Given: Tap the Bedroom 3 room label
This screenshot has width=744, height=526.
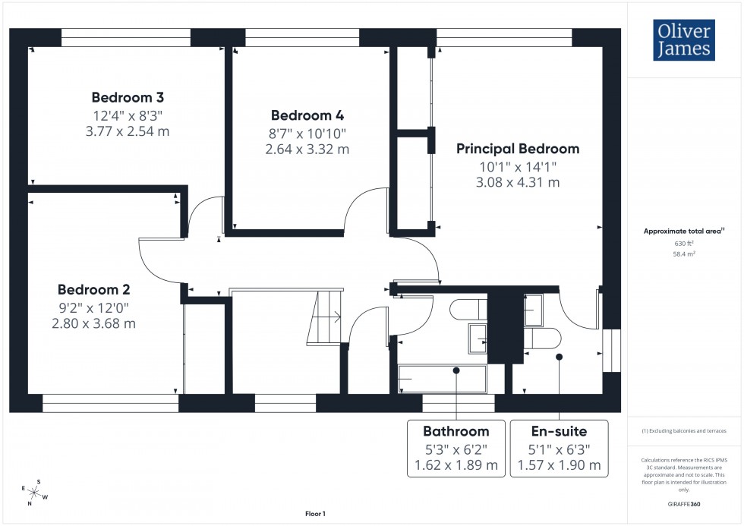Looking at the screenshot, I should click(128, 97).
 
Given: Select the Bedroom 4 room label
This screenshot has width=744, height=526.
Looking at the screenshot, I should click(307, 115).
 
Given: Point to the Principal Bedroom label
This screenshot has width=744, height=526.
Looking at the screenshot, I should click(517, 149).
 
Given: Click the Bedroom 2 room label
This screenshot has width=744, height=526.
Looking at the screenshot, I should click(94, 289).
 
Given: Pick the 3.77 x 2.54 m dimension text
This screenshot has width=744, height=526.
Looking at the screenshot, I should click(128, 131).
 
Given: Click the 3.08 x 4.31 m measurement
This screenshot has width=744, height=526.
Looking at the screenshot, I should click(518, 182).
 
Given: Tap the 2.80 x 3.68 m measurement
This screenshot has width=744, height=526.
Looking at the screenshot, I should click(94, 323).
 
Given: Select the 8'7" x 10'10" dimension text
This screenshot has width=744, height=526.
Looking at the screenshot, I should click(307, 133).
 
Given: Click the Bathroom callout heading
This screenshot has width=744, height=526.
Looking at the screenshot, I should click(456, 431).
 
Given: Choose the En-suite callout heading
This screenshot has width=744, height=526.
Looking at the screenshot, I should click(559, 431).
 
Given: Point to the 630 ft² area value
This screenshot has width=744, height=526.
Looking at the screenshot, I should click(684, 243).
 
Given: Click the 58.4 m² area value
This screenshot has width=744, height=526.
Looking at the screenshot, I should click(684, 255).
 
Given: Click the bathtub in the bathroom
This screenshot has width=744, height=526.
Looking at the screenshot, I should click(443, 378).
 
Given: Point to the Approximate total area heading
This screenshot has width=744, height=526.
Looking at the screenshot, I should click(683, 231).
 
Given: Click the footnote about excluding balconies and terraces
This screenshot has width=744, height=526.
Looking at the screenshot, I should click(684, 431).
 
